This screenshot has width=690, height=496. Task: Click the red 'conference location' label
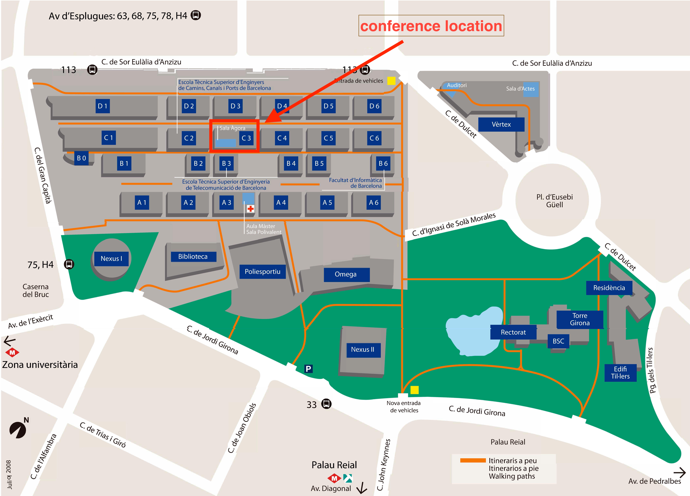[x=431, y=26]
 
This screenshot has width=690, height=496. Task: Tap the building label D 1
[x=103, y=106]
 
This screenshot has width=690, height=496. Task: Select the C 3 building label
[x=246, y=138]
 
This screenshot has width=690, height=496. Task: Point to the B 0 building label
[x=81, y=158]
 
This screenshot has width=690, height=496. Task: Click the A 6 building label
[x=374, y=203]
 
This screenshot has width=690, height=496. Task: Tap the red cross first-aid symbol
[x=250, y=209]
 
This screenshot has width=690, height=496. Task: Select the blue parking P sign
[x=308, y=369]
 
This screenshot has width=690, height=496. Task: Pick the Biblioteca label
[x=193, y=256]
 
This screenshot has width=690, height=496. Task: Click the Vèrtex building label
[x=501, y=124]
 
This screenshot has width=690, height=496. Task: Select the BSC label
[x=558, y=341]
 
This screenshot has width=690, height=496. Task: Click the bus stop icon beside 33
[x=326, y=404]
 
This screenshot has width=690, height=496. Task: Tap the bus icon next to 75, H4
[x=69, y=264]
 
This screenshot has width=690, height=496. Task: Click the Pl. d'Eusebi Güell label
[x=554, y=201]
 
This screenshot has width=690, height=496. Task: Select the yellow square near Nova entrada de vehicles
[x=414, y=390]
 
